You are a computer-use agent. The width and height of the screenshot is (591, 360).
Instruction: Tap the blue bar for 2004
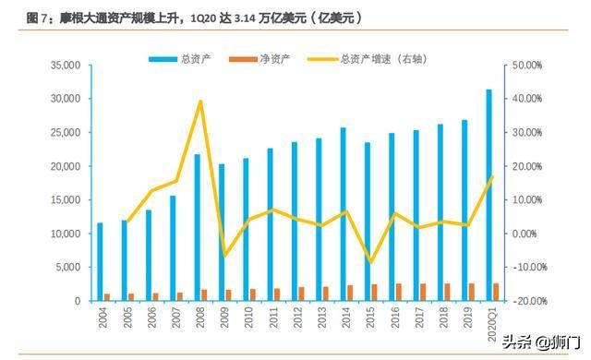[x=100, y=262]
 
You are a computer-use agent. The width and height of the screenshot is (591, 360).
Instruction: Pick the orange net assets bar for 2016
[x=398, y=293]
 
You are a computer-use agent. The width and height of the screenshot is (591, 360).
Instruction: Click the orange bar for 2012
[x=301, y=294]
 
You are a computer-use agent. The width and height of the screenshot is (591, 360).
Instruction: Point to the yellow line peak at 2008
[x=200, y=102]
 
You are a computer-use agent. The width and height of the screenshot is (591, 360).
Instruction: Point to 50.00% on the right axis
[x=530, y=66]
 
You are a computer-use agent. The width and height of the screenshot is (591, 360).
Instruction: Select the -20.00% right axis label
[x=530, y=301]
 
